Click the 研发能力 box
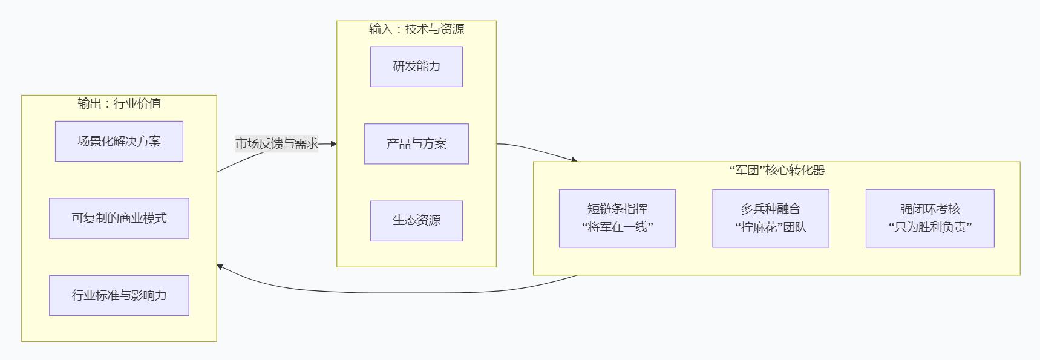tap(416, 67)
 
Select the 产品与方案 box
tap(416, 144)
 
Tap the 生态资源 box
tap(416, 221)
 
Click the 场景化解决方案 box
tap(119, 142)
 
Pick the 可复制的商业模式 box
tap(119, 218)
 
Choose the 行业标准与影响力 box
tap(119, 295)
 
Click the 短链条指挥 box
tap(617, 209)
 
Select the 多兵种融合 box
tap(770, 209)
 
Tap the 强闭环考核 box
tap(930, 209)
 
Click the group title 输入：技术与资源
tap(416, 29)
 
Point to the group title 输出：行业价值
tap(119, 103)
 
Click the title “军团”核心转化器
tap(777, 171)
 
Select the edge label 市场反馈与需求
tap(276, 144)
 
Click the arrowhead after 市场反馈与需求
tap(333, 144)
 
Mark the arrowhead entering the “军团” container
tap(574, 160)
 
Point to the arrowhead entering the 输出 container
tap(220, 266)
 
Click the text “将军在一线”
tap(617, 228)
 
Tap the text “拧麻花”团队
tap(770, 228)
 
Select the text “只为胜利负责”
tap(930, 228)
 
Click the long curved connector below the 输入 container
tap(393, 293)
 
